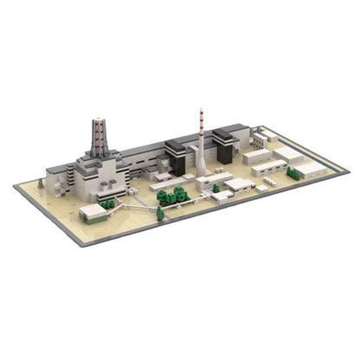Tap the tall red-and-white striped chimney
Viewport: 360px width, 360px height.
coord(201,143)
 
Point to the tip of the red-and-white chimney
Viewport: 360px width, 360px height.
coord(201,109)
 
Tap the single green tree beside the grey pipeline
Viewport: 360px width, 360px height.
coord(215,188)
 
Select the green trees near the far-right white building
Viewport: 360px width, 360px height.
coord(294,174)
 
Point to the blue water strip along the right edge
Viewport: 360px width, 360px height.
coord(312,152)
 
